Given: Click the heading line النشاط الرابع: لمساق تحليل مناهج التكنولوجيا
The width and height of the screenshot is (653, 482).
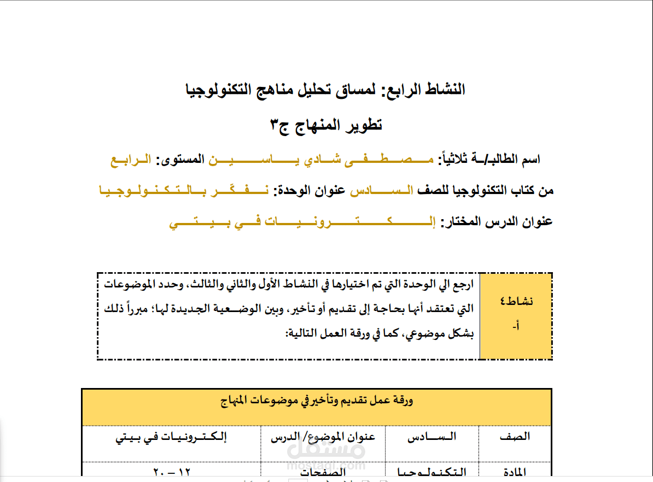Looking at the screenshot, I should coord(326,90).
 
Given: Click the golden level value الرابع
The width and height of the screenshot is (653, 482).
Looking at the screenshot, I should coord(131,160).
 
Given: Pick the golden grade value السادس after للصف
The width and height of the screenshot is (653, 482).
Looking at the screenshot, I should coord(380,190).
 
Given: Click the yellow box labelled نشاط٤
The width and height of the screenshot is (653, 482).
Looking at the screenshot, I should coord(516,315).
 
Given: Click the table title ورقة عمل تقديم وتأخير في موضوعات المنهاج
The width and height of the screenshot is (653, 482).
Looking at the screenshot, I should coord(316,401).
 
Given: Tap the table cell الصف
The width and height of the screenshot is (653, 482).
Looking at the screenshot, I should coord(515,436).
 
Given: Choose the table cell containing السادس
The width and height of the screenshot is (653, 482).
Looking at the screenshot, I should coord(432,436).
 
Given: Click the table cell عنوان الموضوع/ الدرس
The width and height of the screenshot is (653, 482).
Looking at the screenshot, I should coord(323,436).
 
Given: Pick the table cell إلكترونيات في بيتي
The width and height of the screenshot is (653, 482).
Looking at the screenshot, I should coord(171,437).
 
